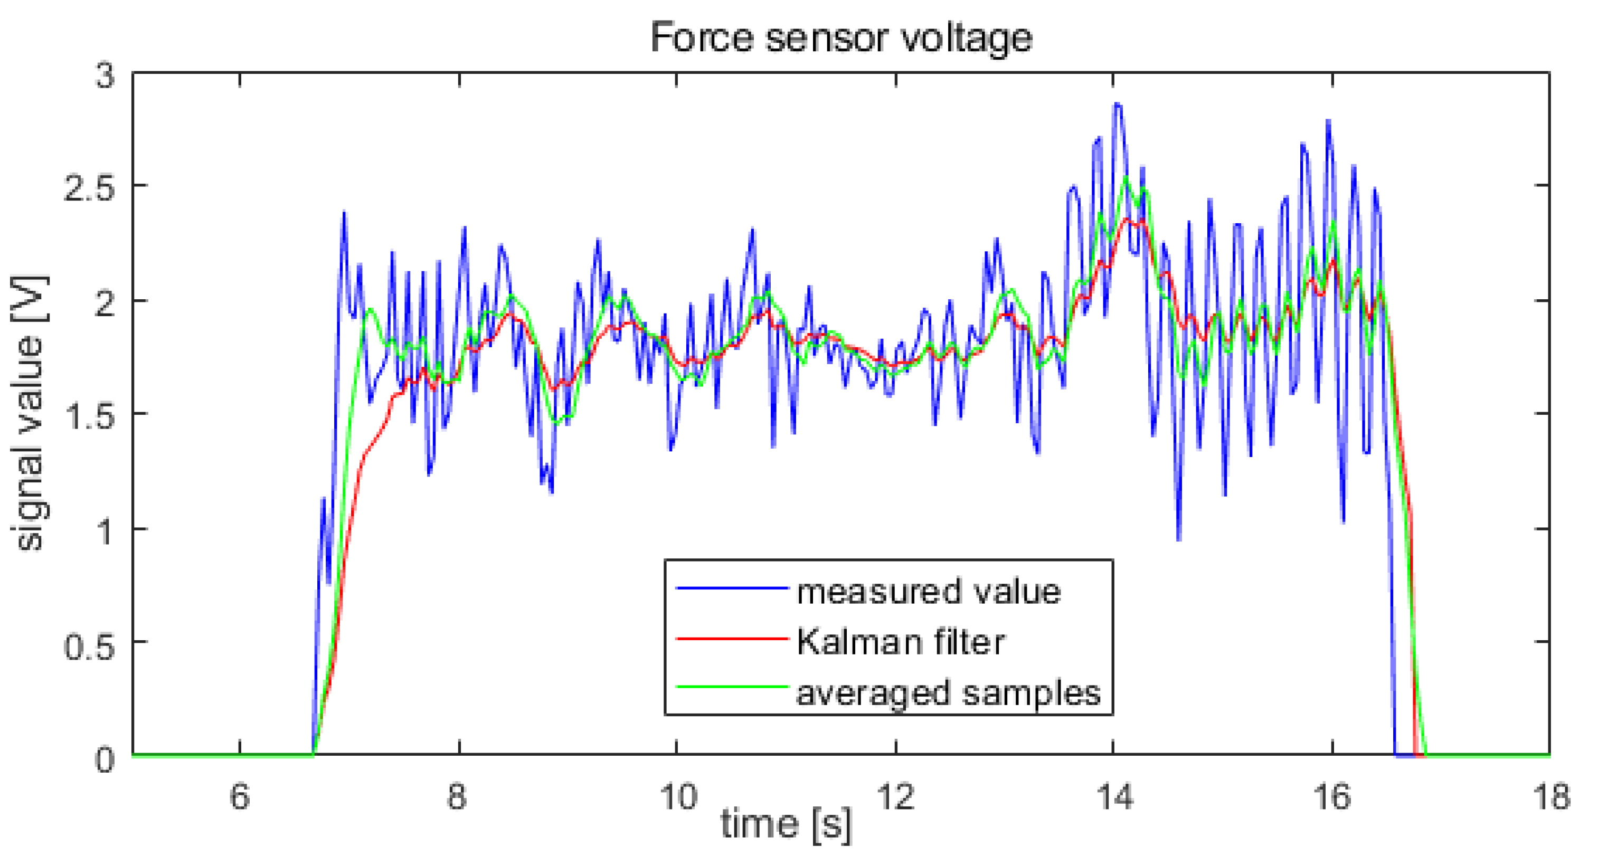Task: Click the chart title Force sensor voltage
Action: click(840, 37)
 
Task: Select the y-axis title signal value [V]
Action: click(28, 412)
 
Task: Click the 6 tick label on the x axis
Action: click(240, 795)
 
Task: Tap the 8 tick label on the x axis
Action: click(458, 795)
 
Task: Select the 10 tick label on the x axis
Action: click(677, 795)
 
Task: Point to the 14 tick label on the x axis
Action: click(1114, 795)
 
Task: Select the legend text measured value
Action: click(929, 592)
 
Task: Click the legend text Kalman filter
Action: click(901, 642)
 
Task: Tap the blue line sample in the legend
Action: click(732, 587)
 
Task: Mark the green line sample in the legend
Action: click(732, 687)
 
